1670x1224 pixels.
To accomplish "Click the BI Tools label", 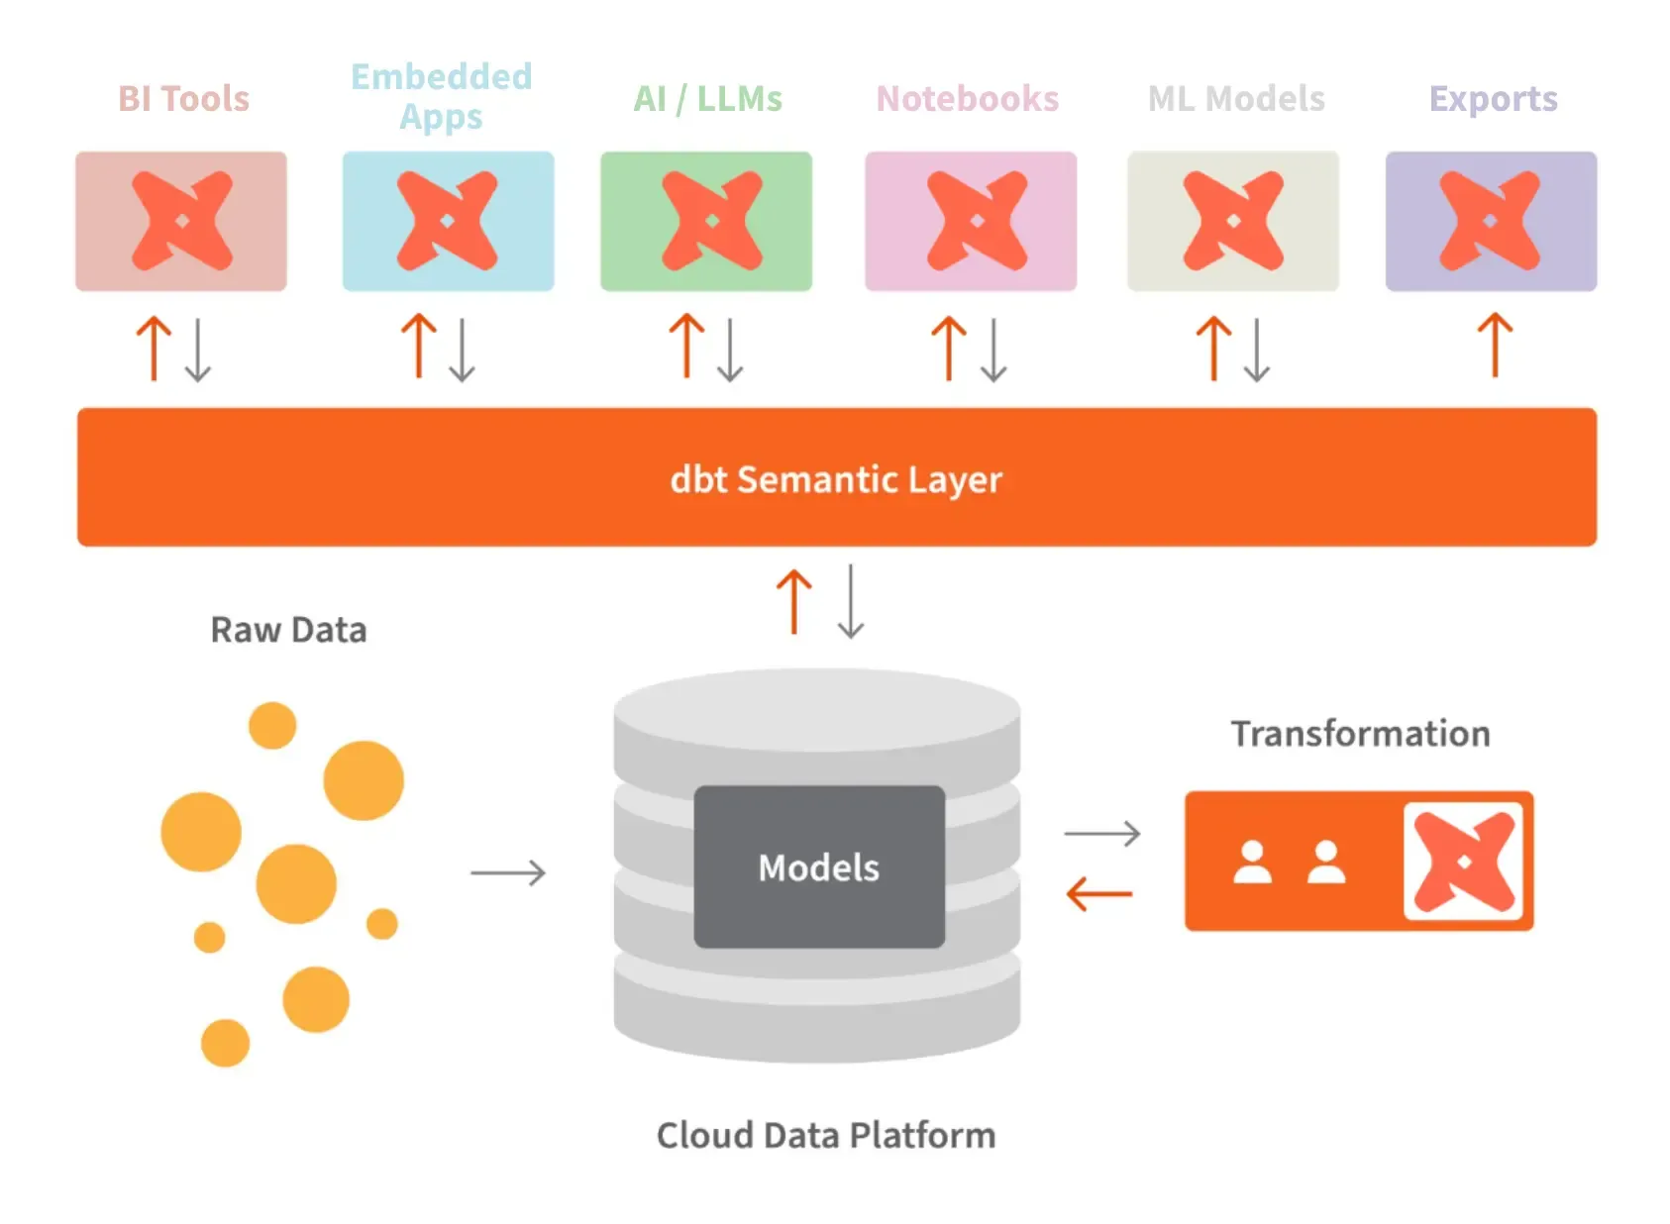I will tap(183, 99).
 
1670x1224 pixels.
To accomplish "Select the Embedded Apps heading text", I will tap(442, 96).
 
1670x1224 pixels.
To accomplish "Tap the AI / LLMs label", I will tap(707, 99).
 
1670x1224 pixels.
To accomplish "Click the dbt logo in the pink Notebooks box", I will tap(977, 221).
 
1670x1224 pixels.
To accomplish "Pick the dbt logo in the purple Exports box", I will tap(1490, 221).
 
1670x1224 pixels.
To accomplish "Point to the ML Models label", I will tap(1235, 99).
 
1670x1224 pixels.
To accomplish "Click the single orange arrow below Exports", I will tap(1495, 346).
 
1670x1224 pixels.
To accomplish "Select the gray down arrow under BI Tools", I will tap(198, 350).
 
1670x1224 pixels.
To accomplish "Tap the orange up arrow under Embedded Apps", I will tap(418, 346).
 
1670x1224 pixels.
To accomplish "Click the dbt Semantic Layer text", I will tap(836, 479).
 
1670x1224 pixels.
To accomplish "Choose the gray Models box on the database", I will tap(818, 867).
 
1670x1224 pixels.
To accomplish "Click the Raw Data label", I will tap(288, 630).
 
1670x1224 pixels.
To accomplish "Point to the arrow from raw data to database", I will tap(508, 872).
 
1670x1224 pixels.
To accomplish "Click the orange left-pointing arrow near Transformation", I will tap(1098, 894).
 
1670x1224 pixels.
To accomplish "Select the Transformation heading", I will tap(1360, 734).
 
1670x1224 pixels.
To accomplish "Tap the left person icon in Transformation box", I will tap(1252, 863).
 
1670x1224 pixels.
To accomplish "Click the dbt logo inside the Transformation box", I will tap(1463, 862).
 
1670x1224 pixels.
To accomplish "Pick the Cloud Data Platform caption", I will tap(825, 1135).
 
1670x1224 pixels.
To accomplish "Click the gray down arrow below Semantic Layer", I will tap(851, 601).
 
